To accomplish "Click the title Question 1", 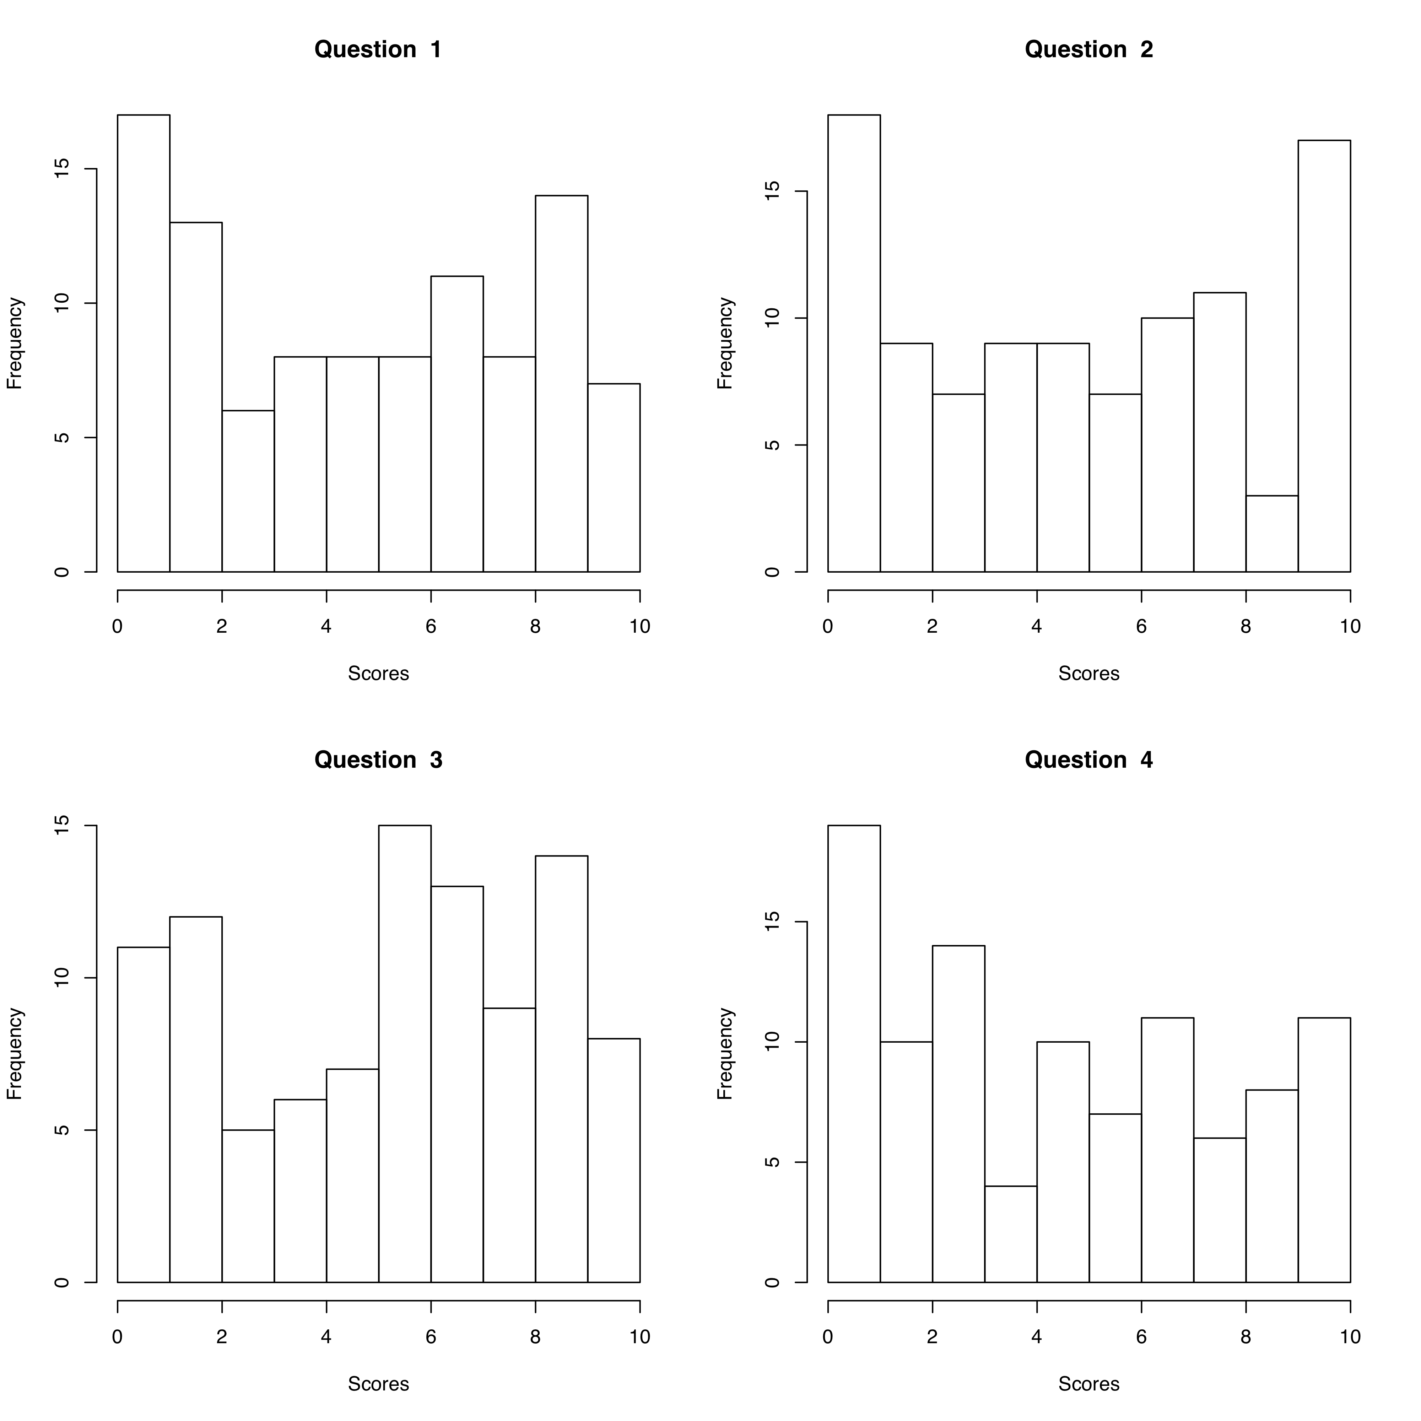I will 378,49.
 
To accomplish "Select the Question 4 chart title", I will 1088,760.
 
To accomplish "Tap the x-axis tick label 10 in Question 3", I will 640,1337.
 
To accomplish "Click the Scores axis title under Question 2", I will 1088,674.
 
